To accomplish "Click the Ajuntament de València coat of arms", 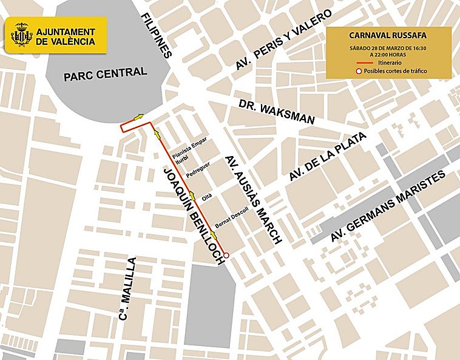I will click(21, 36).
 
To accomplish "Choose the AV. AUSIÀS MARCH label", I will click(253, 199).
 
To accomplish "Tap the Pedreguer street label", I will click(198, 168).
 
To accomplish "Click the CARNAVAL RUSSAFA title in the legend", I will click(389, 35).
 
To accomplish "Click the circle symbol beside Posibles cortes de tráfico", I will click(359, 72).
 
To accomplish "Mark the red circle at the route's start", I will click(226, 256).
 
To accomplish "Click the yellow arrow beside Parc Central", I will click(140, 117).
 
